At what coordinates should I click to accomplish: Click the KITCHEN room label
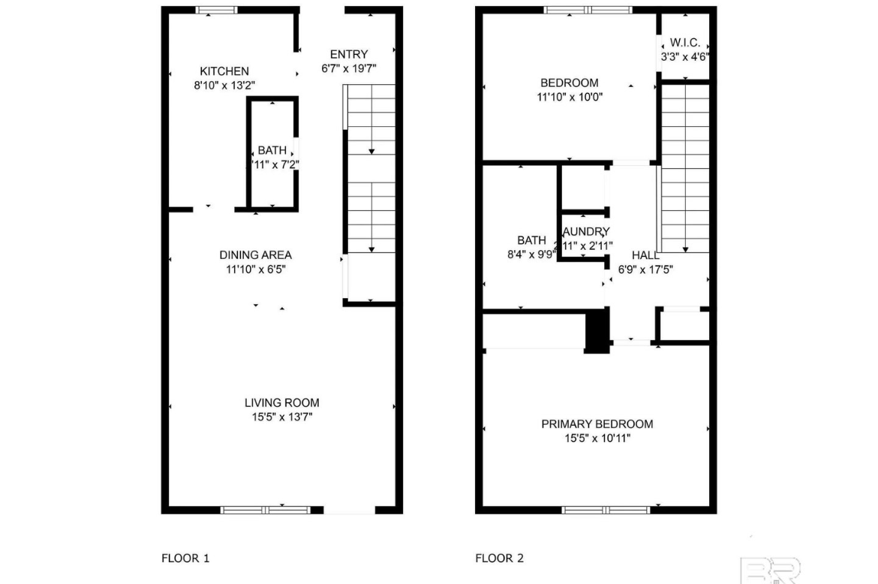(224, 71)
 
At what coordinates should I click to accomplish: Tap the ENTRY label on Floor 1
(349, 54)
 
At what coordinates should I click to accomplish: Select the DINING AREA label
(255, 255)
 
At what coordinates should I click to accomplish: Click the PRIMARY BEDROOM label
(597, 424)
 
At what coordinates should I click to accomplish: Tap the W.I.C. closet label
(685, 43)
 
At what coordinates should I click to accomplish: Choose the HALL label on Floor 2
(645, 255)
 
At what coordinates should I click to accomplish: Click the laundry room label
(586, 232)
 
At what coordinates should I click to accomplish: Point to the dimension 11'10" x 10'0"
(570, 96)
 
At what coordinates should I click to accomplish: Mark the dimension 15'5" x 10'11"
(597, 438)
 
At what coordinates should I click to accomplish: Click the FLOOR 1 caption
(185, 558)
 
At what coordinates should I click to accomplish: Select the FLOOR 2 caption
(499, 558)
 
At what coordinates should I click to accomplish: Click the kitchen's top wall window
(217, 10)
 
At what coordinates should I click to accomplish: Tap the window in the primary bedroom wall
(597, 510)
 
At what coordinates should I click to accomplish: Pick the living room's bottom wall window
(266, 510)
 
